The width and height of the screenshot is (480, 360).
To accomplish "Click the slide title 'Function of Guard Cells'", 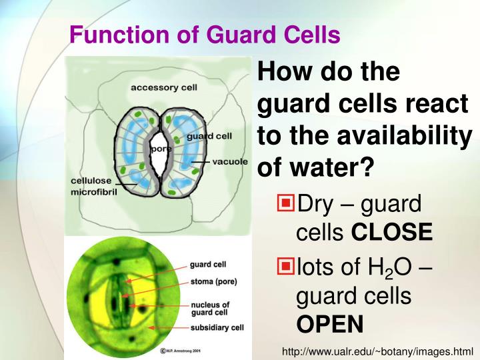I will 205,34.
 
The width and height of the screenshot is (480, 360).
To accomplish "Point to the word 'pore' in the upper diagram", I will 160,149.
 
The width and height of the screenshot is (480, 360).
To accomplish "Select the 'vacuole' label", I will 231,161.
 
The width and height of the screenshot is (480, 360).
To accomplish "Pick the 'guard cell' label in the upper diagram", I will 209,136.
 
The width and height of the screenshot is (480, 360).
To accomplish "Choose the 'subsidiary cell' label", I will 217,327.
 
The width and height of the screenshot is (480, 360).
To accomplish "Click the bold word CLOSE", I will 391,232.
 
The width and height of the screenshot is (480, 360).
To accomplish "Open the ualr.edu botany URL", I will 377,351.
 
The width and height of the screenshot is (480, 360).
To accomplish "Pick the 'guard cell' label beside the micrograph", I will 208,264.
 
